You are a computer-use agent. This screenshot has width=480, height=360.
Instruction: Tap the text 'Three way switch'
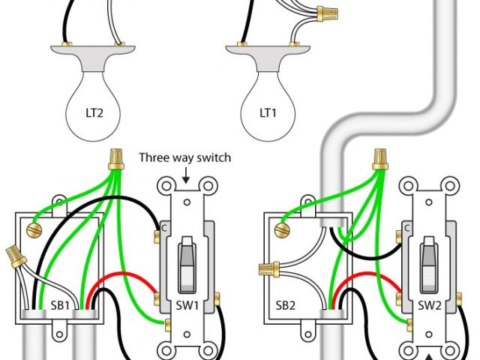click(x=185, y=157)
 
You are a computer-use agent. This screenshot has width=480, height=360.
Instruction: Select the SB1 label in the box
click(x=61, y=306)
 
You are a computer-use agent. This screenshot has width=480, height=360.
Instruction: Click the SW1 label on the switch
click(x=187, y=306)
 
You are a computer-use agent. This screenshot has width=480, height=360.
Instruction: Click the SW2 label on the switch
click(x=429, y=306)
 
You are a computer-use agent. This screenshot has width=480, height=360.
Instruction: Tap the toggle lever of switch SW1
click(x=186, y=262)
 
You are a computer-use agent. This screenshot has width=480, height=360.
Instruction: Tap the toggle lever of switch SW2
click(x=428, y=262)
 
